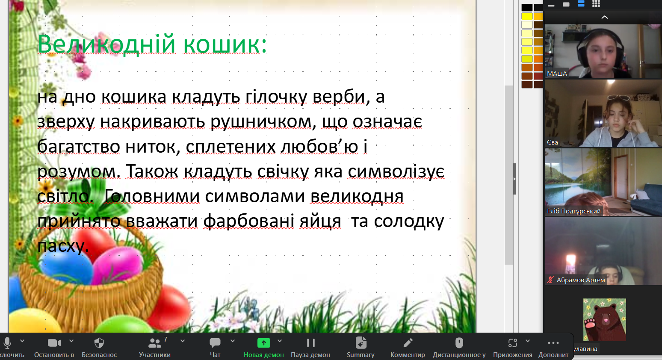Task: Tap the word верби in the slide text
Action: [x=339, y=97]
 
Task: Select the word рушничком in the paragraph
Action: [x=261, y=122]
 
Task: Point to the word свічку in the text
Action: [x=283, y=171]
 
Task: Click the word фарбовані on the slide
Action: [x=248, y=221]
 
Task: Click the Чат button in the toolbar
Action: [x=215, y=347]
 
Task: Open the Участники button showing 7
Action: [x=155, y=347]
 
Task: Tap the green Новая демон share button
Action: [x=263, y=347]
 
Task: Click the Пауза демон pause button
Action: [x=310, y=347]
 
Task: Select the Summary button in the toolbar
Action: [x=361, y=347]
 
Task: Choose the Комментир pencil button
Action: [x=408, y=347]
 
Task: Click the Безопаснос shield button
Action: [x=99, y=347]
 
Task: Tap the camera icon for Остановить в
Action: [x=54, y=343]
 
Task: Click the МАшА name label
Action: [x=557, y=74]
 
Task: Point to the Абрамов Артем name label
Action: [x=581, y=280]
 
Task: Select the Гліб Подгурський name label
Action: [x=574, y=211]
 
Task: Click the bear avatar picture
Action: [x=604, y=320]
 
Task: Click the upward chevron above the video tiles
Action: [x=605, y=18]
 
